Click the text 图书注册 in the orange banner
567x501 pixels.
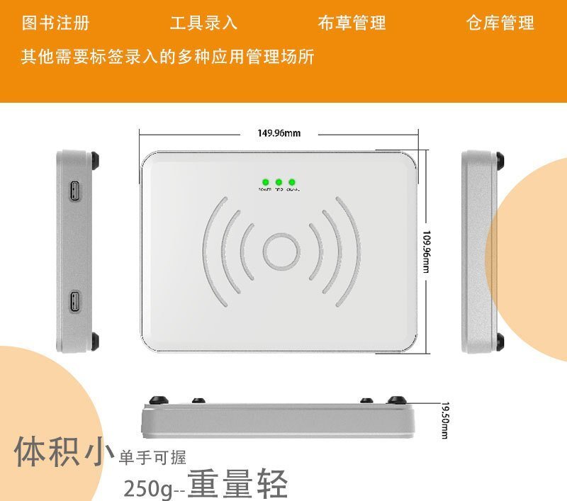(56, 23)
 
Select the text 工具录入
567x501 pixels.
(203, 23)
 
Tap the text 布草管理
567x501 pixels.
(352, 23)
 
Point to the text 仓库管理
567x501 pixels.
(500, 23)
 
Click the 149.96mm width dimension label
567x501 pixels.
(279, 133)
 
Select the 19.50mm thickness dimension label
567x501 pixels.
(444, 420)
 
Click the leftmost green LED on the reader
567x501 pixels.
(265, 182)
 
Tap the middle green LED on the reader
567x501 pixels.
(279, 182)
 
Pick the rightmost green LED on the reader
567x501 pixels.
(292, 182)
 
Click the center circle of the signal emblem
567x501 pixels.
(281, 252)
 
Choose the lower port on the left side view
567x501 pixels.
(75, 301)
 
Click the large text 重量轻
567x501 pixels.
(237, 485)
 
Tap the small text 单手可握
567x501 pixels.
(153, 457)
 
